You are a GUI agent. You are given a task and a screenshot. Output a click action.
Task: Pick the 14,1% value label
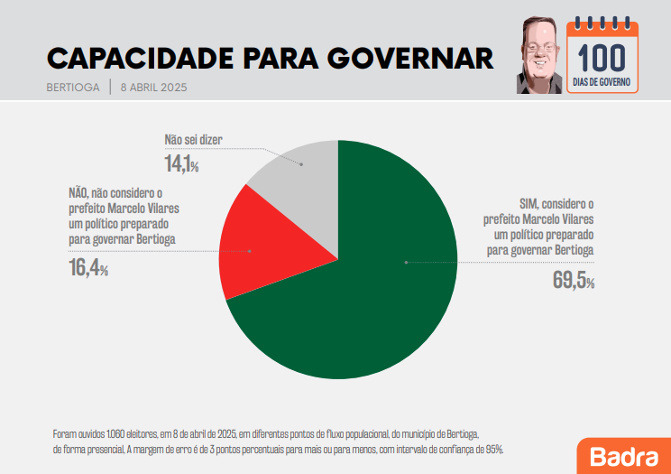point(181,164)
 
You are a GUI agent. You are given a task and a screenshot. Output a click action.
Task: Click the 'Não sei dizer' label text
point(193,140)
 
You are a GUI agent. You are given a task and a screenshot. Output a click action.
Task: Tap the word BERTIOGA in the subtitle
point(73,88)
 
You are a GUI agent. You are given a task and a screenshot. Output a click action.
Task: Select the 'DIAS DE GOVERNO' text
point(601,82)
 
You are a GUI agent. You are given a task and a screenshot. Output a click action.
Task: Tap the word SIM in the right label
point(529,204)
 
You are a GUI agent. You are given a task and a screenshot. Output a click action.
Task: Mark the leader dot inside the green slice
point(407,262)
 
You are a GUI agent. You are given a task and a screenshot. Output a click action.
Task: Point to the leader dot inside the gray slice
point(301,164)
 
